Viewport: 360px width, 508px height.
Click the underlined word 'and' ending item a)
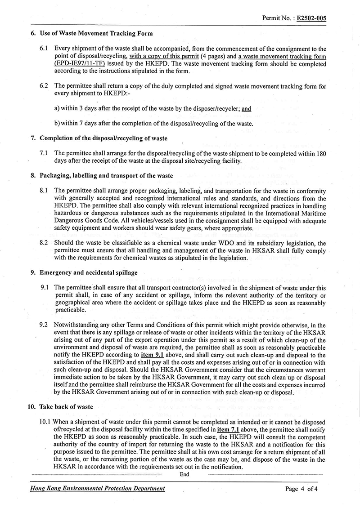246,109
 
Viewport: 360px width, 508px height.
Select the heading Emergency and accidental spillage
89,272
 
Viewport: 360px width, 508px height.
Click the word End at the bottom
184,474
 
